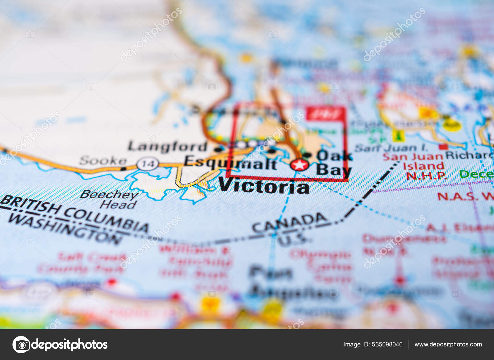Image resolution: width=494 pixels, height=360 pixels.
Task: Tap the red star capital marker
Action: [299, 165]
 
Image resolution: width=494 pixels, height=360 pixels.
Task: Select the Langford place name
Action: [168, 147]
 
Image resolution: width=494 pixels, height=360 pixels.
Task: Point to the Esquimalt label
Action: [230, 163]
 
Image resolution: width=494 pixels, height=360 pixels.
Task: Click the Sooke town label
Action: [103, 161]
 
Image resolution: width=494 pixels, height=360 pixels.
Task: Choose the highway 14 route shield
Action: [148, 163]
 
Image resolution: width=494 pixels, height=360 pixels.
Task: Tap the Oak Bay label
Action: [334, 163]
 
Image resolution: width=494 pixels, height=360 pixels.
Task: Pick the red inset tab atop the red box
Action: [325, 114]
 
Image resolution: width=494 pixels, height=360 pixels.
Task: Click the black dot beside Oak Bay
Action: [307, 155]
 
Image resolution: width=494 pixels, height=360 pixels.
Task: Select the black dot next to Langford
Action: [218, 150]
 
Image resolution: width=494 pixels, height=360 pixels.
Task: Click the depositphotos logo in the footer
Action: [60, 344]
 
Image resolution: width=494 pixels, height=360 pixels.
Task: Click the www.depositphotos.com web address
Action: [448, 344]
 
